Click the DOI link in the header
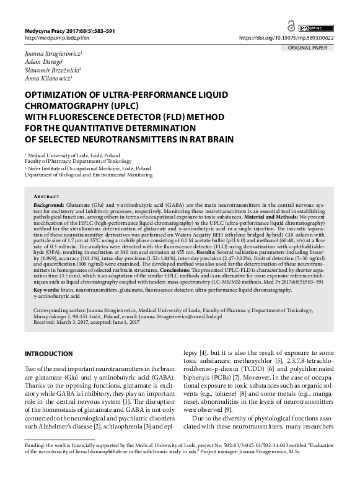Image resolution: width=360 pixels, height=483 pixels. [295, 37]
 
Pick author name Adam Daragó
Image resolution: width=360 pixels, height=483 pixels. [41, 63]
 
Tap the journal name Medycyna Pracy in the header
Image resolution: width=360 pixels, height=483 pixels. [44, 30]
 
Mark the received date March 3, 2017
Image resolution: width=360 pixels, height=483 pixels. [73, 323]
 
